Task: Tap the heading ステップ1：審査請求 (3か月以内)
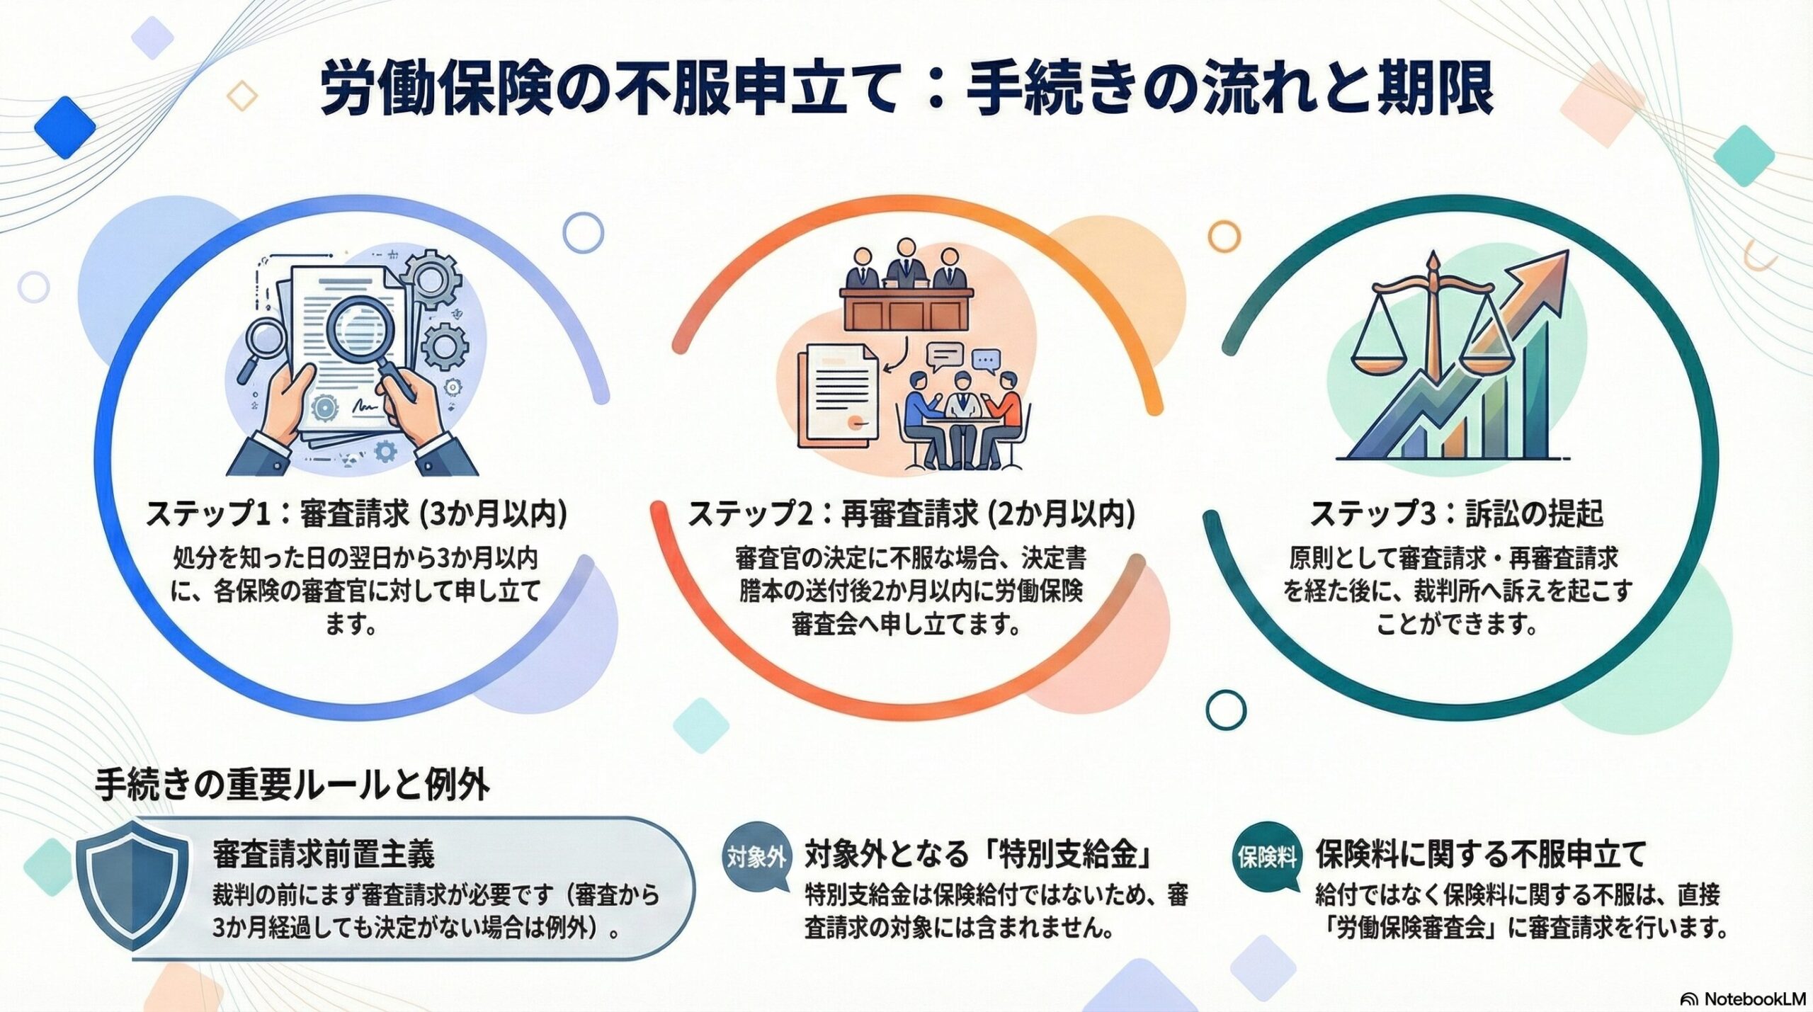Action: (x=356, y=514)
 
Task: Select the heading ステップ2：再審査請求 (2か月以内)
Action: (x=911, y=514)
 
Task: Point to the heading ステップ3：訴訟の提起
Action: (x=1456, y=514)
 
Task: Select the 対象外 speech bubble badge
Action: (x=756, y=858)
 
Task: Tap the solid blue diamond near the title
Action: (x=64, y=128)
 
